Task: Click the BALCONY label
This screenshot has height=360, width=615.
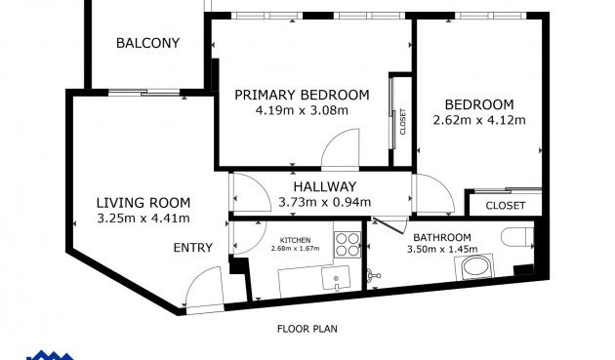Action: [147, 43]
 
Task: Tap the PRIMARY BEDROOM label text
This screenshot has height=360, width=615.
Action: [302, 95]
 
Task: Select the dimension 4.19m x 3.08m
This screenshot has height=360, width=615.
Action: [302, 110]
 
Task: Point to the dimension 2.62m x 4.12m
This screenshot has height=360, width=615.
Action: [479, 120]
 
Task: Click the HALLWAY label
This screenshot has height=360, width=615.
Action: [325, 186]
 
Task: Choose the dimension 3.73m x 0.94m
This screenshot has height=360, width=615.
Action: [325, 202]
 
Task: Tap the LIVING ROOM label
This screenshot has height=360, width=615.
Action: [143, 203]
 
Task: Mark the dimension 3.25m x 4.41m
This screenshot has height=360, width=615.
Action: [143, 218]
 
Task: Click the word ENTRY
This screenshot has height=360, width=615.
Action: [193, 248]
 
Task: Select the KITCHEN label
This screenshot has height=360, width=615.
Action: [296, 240]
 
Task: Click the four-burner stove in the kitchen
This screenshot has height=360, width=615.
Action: [348, 245]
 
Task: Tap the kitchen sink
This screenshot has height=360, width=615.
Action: [336, 278]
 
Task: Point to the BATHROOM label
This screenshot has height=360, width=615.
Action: [442, 237]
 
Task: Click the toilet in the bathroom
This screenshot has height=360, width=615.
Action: [517, 237]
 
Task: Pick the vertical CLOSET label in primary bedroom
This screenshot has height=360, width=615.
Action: [402, 122]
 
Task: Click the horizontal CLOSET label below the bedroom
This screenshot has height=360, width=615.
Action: [506, 206]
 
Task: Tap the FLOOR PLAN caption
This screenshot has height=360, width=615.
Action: [307, 329]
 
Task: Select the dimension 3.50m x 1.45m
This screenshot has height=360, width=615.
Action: [442, 249]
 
